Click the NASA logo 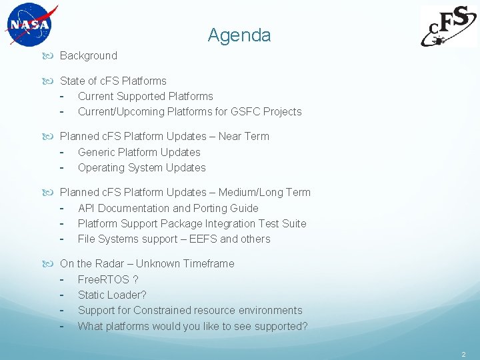[x=30, y=25]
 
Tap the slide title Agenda [x=239, y=35]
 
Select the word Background [x=88, y=56]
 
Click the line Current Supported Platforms [x=145, y=97]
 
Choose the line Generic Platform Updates [x=139, y=153]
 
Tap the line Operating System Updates [x=141, y=168]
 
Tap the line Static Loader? [x=112, y=295]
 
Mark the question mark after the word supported [x=305, y=326]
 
